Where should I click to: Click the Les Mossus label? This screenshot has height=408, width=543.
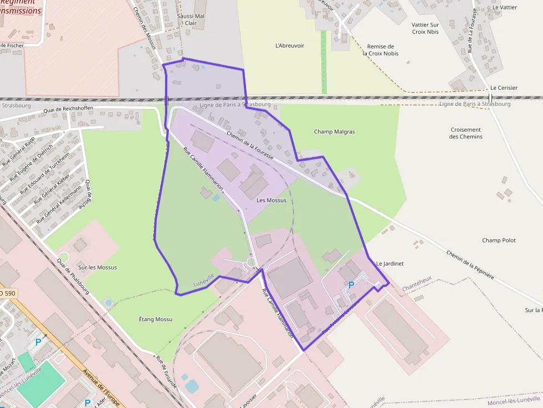271,200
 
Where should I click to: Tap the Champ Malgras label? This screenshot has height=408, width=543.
334,132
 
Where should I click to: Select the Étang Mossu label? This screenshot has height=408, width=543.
155,319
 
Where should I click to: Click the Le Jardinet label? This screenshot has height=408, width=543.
390,264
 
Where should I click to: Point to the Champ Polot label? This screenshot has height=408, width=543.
499,240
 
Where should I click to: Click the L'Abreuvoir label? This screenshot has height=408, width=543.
290,45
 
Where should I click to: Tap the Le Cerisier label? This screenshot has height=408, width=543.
504,88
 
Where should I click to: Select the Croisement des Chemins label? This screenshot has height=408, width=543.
465,133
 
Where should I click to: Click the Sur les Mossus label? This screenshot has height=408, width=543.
98,267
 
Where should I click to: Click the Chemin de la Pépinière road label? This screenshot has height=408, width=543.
469,265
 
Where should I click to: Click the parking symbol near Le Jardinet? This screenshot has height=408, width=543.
350,285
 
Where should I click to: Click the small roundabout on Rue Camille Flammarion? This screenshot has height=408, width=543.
251,262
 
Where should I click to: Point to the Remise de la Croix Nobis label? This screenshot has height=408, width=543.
380,50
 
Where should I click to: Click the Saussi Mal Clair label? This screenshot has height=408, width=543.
191,19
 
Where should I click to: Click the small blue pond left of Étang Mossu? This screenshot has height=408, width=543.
108,303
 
